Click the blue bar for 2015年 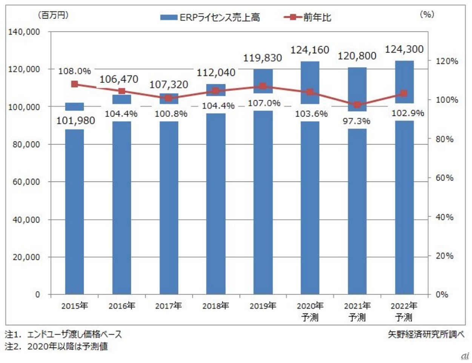click(x=74, y=212)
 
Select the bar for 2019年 click(x=263, y=204)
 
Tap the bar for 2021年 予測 click(x=357, y=212)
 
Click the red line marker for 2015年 click(x=74, y=84)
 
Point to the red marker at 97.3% click(x=357, y=105)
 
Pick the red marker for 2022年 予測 click(x=404, y=93)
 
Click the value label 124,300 click(x=404, y=49)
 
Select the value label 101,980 click(x=75, y=121)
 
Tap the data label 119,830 click(x=263, y=58)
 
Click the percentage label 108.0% click(x=74, y=71)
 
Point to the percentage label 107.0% click(x=264, y=103)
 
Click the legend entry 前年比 click(x=307, y=17)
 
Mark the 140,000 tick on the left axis click(x=24, y=32)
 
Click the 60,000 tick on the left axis click(x=26, y=182)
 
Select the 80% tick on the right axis click(x=444, y=139)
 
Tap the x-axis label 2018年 click(x=215, y=306)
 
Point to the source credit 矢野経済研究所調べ click(x=426, y=335)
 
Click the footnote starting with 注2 click(x=56, y=346)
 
